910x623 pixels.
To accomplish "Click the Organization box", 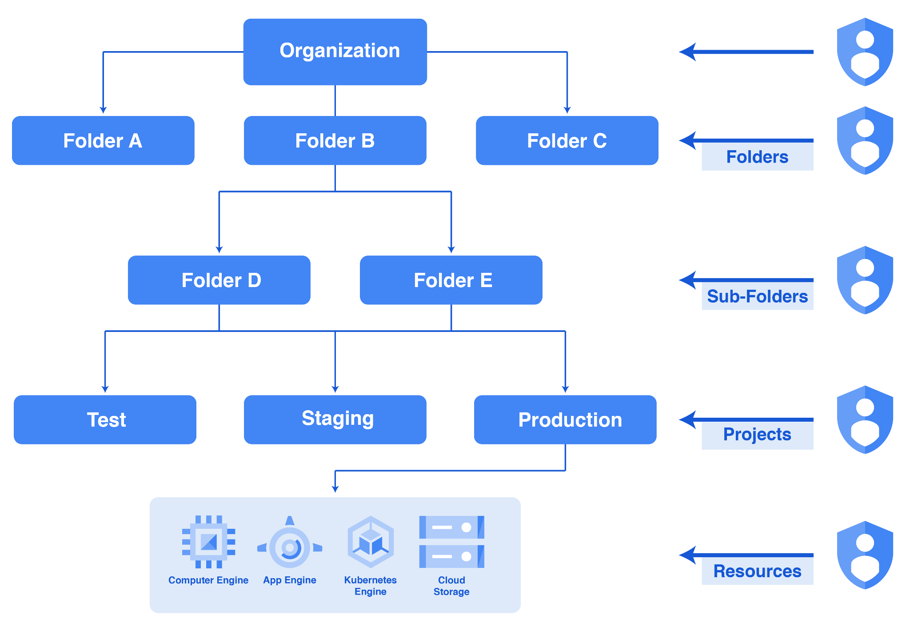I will coord(335,52).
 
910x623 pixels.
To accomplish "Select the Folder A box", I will coord(103,141).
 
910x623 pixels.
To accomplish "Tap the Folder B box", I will coord(335,141).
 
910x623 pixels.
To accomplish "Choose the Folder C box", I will coord(567,141).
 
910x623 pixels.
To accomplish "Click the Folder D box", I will coord(219,280).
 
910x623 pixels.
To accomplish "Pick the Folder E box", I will coord(451,280).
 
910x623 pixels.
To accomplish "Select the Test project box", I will coord(105,420).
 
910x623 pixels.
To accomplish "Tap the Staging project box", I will coord(335,420).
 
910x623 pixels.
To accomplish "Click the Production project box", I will coord(565,420).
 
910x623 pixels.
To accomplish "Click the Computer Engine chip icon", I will coord(208,542).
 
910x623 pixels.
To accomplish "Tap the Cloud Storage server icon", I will coord(451,542).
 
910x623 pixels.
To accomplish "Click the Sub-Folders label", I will coord(757,296).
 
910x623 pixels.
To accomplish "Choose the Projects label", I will coord(757,435).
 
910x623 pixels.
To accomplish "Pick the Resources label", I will coord(757,571).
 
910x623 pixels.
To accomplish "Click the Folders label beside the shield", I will coord(757,157).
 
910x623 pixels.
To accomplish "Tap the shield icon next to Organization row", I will coord(865,52).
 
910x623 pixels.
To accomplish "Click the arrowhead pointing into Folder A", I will coord(103,110).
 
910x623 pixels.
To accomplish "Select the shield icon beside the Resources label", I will coord(865,555).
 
